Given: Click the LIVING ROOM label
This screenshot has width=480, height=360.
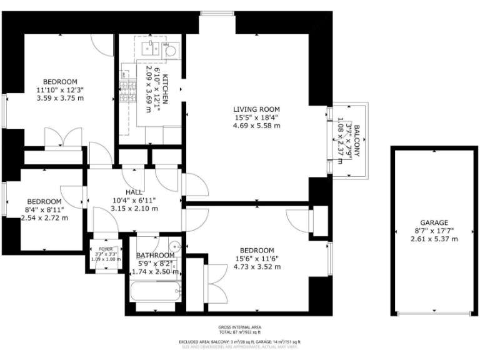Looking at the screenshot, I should click(x=256, y=108).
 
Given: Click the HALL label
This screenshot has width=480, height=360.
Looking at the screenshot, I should click(x=134, y=192).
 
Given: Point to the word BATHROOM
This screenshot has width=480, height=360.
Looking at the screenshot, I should click(x=155, y=255).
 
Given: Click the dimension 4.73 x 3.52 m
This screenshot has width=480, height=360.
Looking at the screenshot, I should click(x=257, y=266).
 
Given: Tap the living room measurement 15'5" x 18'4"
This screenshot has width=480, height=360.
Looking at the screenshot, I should click(x=256, y=117).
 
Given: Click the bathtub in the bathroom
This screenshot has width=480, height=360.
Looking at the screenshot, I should click(x=155, y=291).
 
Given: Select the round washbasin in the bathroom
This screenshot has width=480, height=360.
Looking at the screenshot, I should click(x=176, y=246).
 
